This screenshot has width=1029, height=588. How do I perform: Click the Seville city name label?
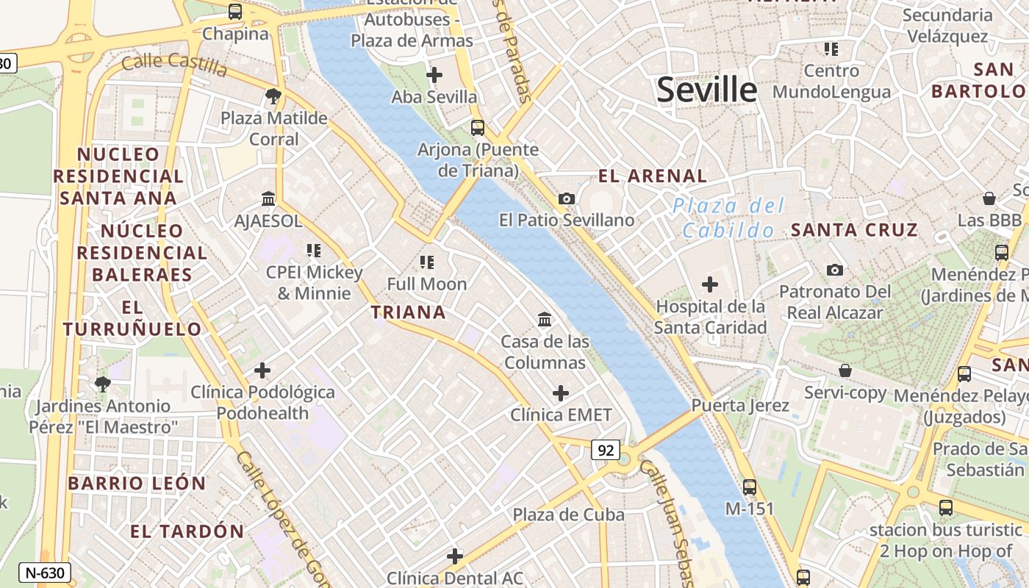(706, 90)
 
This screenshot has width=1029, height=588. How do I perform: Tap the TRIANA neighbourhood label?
(408, 312)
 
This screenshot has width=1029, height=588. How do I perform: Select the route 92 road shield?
(605, 450)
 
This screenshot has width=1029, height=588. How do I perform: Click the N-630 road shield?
(45, 573)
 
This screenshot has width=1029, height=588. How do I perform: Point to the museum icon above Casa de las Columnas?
(545, 319)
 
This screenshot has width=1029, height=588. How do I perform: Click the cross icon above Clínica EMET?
(561, 393)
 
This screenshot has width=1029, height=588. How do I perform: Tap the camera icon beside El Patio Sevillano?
(566, 198)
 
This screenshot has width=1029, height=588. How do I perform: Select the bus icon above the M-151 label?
(750, 487)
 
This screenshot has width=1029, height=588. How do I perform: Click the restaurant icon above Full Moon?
(427, 262)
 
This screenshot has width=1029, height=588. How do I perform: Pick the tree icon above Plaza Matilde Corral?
(273, 96)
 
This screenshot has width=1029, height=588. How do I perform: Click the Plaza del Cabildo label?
(728, 218)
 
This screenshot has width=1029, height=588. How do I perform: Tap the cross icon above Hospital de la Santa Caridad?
(710, 284)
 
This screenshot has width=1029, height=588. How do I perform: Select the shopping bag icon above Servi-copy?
(845, 370)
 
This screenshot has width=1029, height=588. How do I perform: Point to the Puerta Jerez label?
(740, 406)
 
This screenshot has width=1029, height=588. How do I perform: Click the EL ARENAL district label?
(653, 176)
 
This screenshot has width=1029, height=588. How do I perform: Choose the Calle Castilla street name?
(174, 64)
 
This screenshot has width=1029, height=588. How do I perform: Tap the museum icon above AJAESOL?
(268, 198)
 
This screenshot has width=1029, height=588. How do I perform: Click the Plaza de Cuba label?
(569, 514)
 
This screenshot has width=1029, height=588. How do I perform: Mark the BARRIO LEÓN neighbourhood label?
(137, 484)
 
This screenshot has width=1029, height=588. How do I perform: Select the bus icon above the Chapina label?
(235, 12)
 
